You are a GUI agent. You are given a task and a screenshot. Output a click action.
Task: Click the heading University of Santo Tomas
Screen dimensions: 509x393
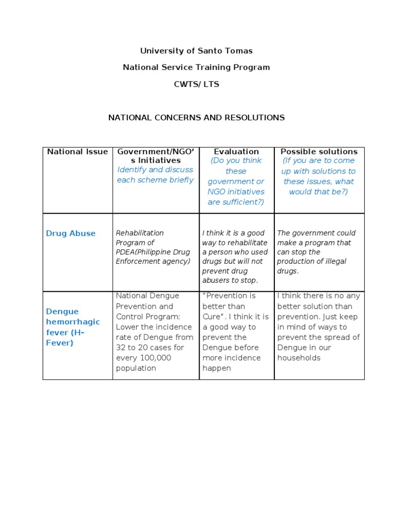196,51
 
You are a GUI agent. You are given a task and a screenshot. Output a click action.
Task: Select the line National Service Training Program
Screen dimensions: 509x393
196,67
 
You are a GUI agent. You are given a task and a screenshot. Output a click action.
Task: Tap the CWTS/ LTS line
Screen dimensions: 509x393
196,84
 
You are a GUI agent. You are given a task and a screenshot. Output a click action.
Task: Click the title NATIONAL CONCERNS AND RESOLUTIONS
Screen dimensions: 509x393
196,117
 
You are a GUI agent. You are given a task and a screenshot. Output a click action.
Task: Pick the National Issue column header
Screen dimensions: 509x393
77,152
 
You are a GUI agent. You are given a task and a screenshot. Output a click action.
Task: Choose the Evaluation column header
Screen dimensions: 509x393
236,152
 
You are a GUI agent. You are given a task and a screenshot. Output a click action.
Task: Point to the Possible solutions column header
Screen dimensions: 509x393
319,152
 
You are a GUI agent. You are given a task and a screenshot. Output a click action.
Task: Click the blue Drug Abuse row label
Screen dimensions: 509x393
71,234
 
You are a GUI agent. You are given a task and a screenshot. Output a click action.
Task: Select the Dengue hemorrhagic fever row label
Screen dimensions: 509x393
73,327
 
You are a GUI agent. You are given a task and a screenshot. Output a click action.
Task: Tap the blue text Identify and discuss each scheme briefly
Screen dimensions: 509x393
155,175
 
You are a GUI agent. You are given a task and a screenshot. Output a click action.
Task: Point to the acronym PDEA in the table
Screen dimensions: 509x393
126,252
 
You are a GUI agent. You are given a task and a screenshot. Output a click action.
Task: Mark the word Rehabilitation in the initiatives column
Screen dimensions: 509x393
140,233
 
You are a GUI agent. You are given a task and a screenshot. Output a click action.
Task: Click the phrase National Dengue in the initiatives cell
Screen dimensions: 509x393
147,296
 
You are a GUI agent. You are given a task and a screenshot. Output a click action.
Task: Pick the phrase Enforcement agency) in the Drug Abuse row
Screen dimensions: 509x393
152,261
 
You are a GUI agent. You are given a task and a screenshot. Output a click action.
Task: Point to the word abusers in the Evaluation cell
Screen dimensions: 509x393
218,280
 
